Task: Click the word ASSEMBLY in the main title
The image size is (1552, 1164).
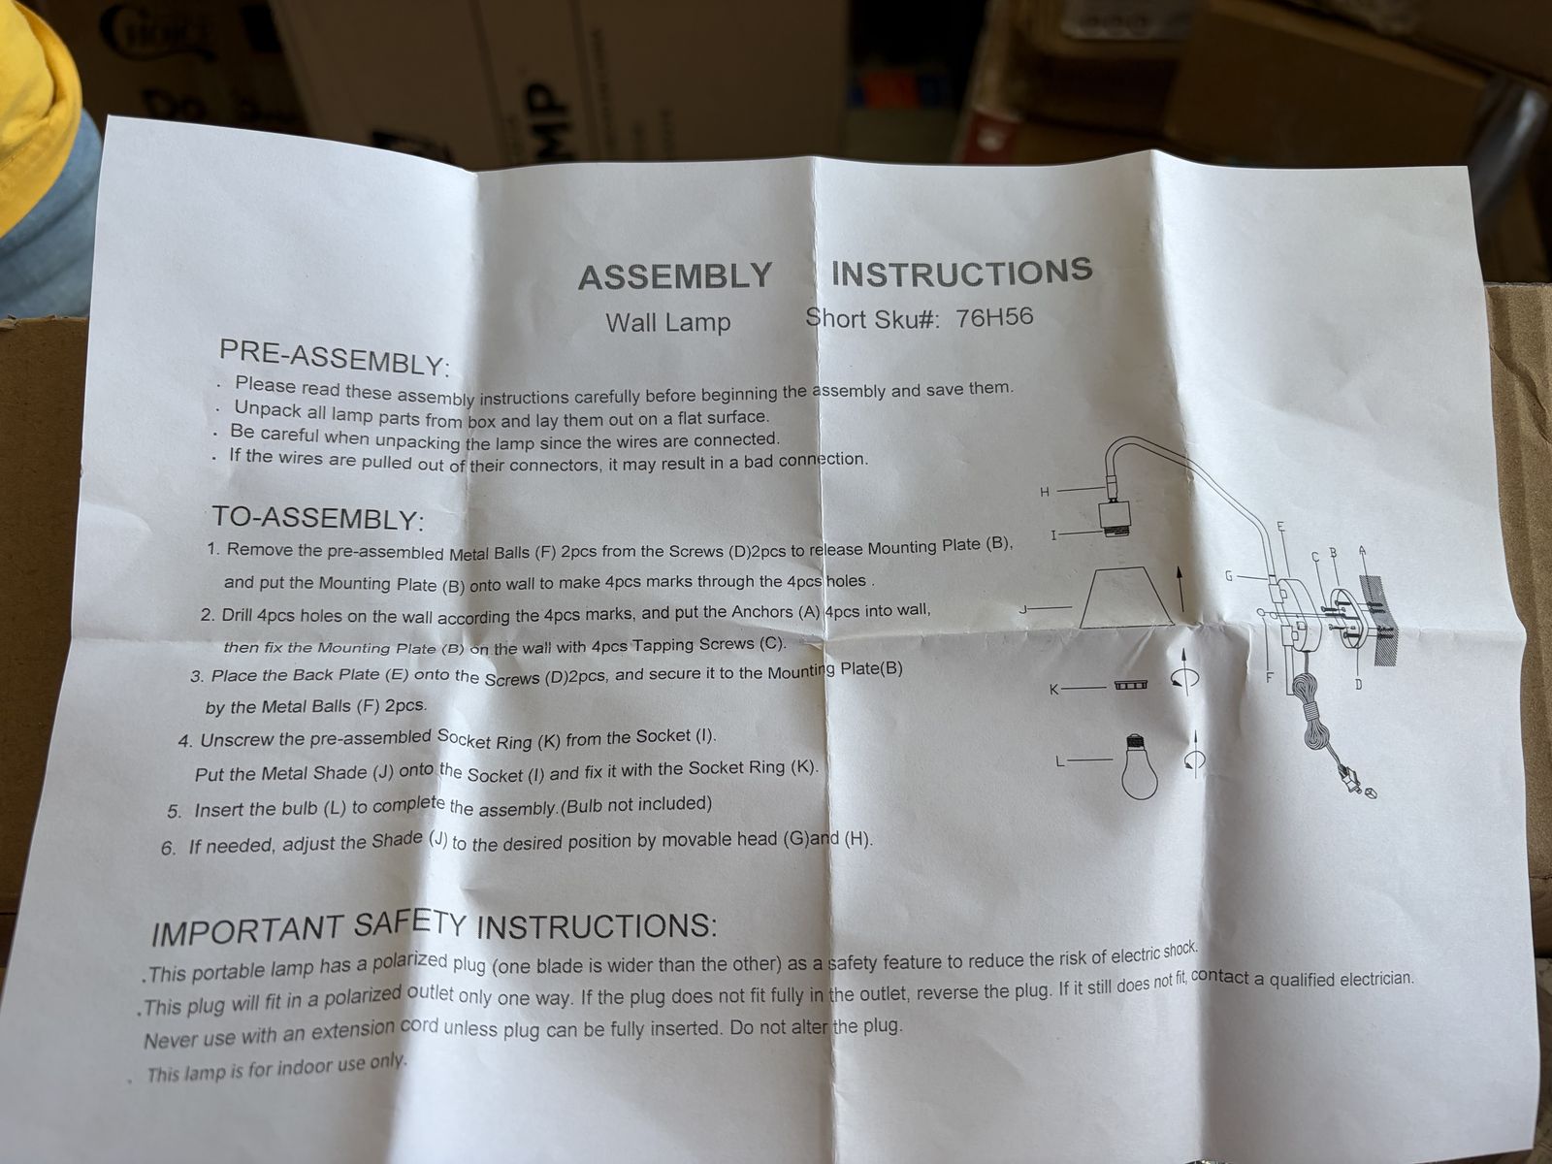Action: pos(675,276)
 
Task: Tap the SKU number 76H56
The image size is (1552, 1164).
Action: pos(994,317)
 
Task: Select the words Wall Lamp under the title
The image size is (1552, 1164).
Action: pos(667,323)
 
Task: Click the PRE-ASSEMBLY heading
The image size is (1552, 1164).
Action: pos(334,358)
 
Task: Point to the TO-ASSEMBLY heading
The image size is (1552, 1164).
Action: pos(318,518)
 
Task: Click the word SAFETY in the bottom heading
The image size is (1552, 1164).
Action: pos(409,926)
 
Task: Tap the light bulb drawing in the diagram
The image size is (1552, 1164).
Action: pos(1139,766)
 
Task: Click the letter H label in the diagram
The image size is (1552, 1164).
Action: pos(1045,493)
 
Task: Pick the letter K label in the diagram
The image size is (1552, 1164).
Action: pos(1054,689)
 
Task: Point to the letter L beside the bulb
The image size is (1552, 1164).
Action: pos(1059,761)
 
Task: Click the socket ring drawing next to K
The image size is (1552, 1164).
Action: pos(1131,685)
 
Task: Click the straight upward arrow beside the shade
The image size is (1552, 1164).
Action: pos(1180,589)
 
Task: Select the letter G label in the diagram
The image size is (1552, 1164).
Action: pos(1229,577)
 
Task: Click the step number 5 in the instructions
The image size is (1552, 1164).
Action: pos(174,811)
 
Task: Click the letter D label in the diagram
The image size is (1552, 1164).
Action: pos(1358,684)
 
